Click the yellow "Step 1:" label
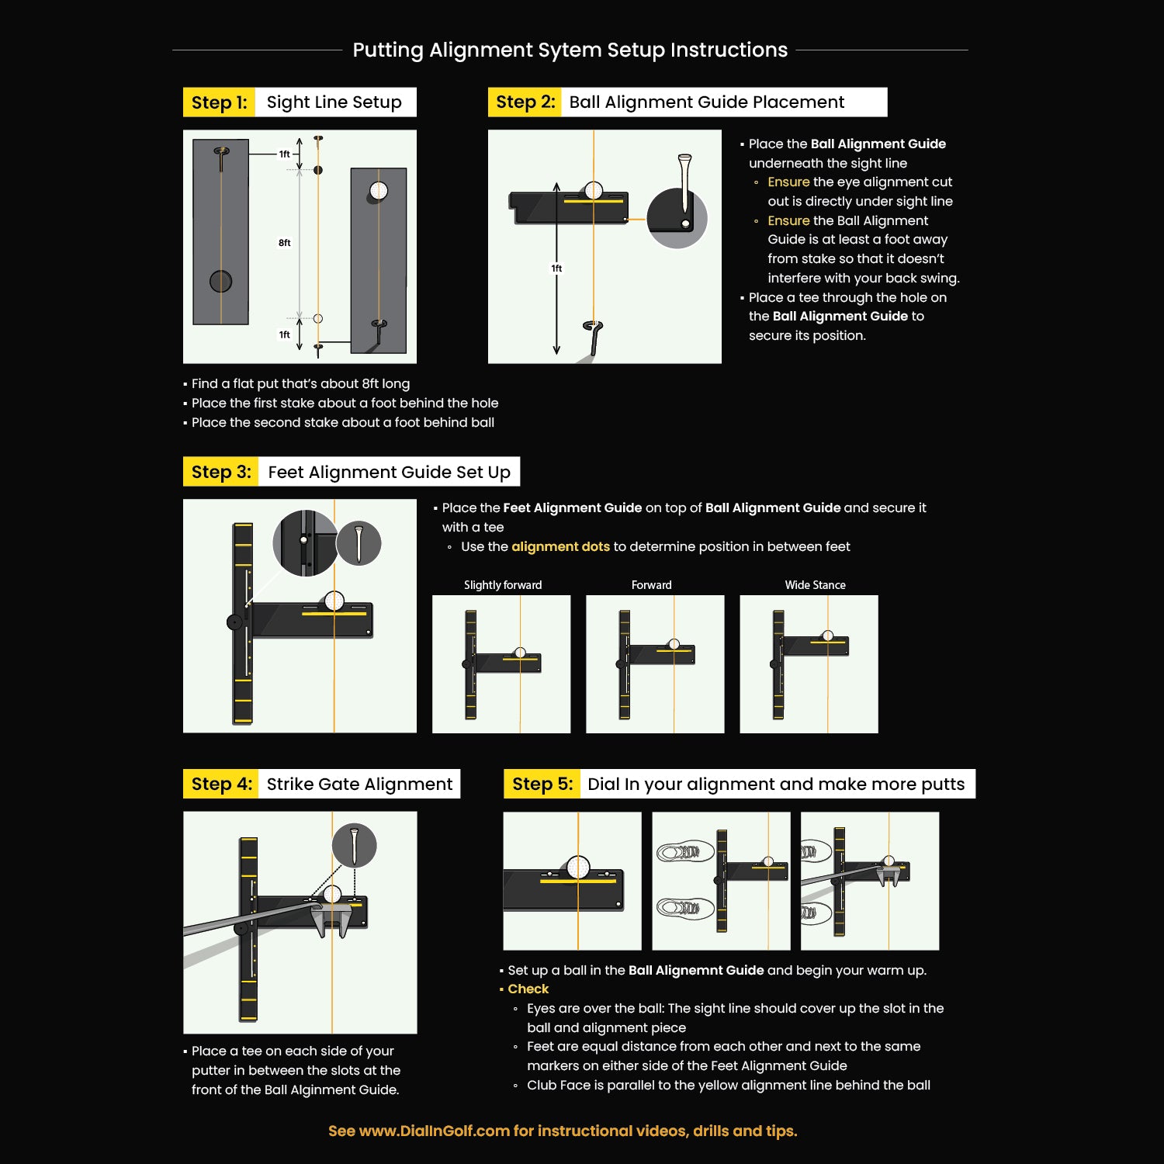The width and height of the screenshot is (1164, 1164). click(x=219, y=102)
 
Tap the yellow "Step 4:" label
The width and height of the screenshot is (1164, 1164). click(x=221, y=784)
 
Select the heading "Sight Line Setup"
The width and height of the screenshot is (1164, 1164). click(x=334, y=102)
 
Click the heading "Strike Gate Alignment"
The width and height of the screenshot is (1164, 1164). click(x=359, y=784)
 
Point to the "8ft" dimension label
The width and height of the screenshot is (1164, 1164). click(x=285, y=243)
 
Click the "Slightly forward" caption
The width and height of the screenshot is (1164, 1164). click(x=503, y=585)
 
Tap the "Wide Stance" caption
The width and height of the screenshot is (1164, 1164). click(x=815, y=585)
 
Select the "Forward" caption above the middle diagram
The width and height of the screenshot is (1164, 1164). click(x=652, y=585)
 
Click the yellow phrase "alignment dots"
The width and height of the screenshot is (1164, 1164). click(x=561, y=546)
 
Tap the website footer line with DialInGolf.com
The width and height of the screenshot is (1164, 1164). click(x=563, y=1131)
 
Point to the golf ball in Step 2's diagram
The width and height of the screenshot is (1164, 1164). click(x=594, y=190)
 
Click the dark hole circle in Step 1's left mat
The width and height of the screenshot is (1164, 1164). click(x=220, y=281)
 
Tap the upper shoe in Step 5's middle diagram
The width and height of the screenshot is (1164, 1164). click(x=684, y=852)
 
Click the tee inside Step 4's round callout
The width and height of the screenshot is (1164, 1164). click(x=354, y=846)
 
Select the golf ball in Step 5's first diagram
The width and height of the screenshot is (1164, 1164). click(x=578, y=867)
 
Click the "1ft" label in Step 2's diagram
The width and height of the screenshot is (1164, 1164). click(x=556, y=268)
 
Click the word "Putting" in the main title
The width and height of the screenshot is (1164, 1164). click(x=388, y=50)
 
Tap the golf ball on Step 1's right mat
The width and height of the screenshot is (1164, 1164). click(x=379, y=190)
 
